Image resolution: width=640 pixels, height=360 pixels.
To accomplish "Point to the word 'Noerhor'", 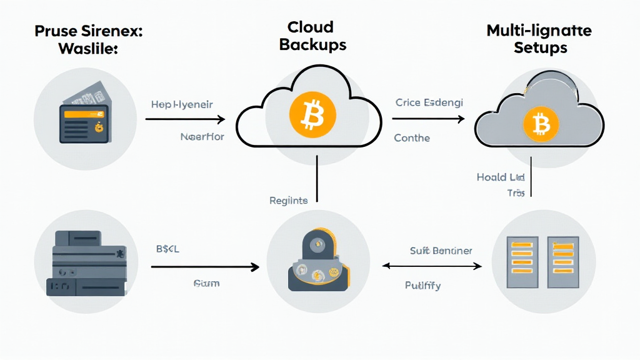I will [x=201, y=136].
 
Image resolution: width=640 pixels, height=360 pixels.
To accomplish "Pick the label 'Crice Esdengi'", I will [x=429, y=102].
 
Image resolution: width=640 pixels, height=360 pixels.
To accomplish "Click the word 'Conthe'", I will [x=412, y=137].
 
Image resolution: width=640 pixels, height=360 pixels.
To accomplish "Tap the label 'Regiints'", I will [x=288, y=201].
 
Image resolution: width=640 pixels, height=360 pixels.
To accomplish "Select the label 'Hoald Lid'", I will [x=499, y=177].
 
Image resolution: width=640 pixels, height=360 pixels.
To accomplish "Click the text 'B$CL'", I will [x=167, y=249].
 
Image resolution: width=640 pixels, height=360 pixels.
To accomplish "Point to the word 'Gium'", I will [x=206, y=283].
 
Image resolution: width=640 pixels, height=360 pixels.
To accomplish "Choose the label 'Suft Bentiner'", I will [x=441, y=251].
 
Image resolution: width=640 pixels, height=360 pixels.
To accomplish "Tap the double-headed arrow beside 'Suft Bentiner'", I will [x=432, y=266].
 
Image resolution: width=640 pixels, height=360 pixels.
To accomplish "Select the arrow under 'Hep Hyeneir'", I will [x=184, y=119].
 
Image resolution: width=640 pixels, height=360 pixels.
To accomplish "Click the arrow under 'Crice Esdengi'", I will [x=429, y=119].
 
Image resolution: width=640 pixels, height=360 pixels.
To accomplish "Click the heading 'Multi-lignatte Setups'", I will [x=540, y=38].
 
